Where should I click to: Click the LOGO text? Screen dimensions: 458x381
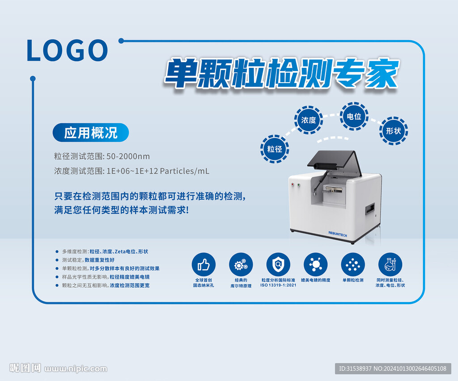click(67, 50)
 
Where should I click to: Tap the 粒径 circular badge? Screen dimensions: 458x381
click(275, 149)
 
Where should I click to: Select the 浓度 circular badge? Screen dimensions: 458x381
click(309, 120)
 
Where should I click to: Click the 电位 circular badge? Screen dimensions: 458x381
click(354, 117)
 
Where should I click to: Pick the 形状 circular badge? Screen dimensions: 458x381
click(394, 131)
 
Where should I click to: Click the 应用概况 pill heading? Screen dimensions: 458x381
click(90, 133)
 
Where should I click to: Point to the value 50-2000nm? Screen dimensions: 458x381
click(128, 156)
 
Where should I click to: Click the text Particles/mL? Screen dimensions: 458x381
click(185, 171)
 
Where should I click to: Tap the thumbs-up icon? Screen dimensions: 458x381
click(204, 264)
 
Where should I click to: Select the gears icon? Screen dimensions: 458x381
click(241, 264)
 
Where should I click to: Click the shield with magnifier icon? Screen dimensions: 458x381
click(278, 264)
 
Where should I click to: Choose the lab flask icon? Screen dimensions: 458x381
click(390, 264)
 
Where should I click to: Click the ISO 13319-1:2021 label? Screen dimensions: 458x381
click(278, 285)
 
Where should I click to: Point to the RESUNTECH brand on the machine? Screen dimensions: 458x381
click(338, 234)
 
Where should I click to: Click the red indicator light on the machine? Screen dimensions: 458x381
click(293, 184)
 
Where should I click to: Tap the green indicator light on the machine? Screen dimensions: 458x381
click(298, 184)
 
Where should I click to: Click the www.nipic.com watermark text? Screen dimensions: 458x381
click(76, 369)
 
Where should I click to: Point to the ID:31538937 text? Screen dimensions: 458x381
click(355, 368)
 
